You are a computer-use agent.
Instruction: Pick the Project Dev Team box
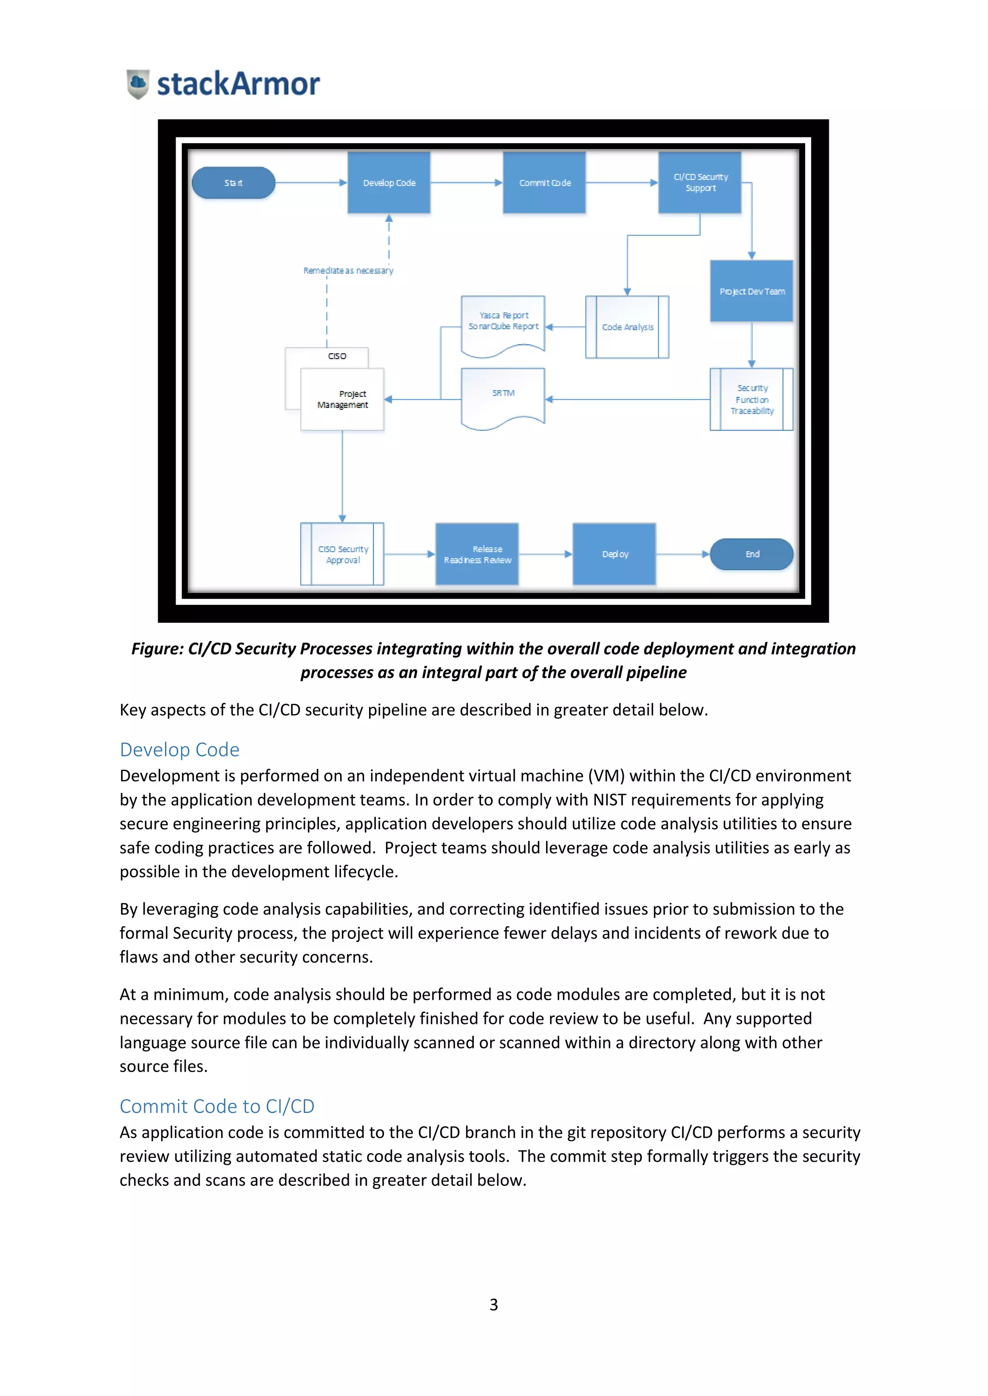[x=752, y=291]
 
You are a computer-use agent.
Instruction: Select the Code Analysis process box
[x=627, y=327]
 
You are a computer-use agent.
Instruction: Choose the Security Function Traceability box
[x=752, y=400]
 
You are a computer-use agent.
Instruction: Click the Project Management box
[x=343, y=400]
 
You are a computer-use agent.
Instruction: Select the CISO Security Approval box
[x=343, y=554]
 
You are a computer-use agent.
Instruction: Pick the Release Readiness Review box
[x=477, y=554]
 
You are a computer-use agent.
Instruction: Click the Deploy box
[x=615, y=554]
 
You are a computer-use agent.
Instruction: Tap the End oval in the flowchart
[x=752, y=554]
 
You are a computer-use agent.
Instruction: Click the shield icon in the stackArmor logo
[x=138, y=84]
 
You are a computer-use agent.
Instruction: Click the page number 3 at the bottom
[x=494, y=1305]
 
